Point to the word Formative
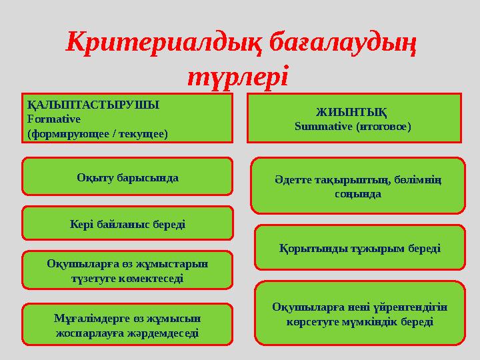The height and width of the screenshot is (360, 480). [54, 119]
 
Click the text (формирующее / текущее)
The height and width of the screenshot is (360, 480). [97, 133]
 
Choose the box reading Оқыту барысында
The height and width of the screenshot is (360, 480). [127, 178]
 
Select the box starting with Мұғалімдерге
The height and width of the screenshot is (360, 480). [127, 323]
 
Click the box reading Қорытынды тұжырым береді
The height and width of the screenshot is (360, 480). [359, 248]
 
